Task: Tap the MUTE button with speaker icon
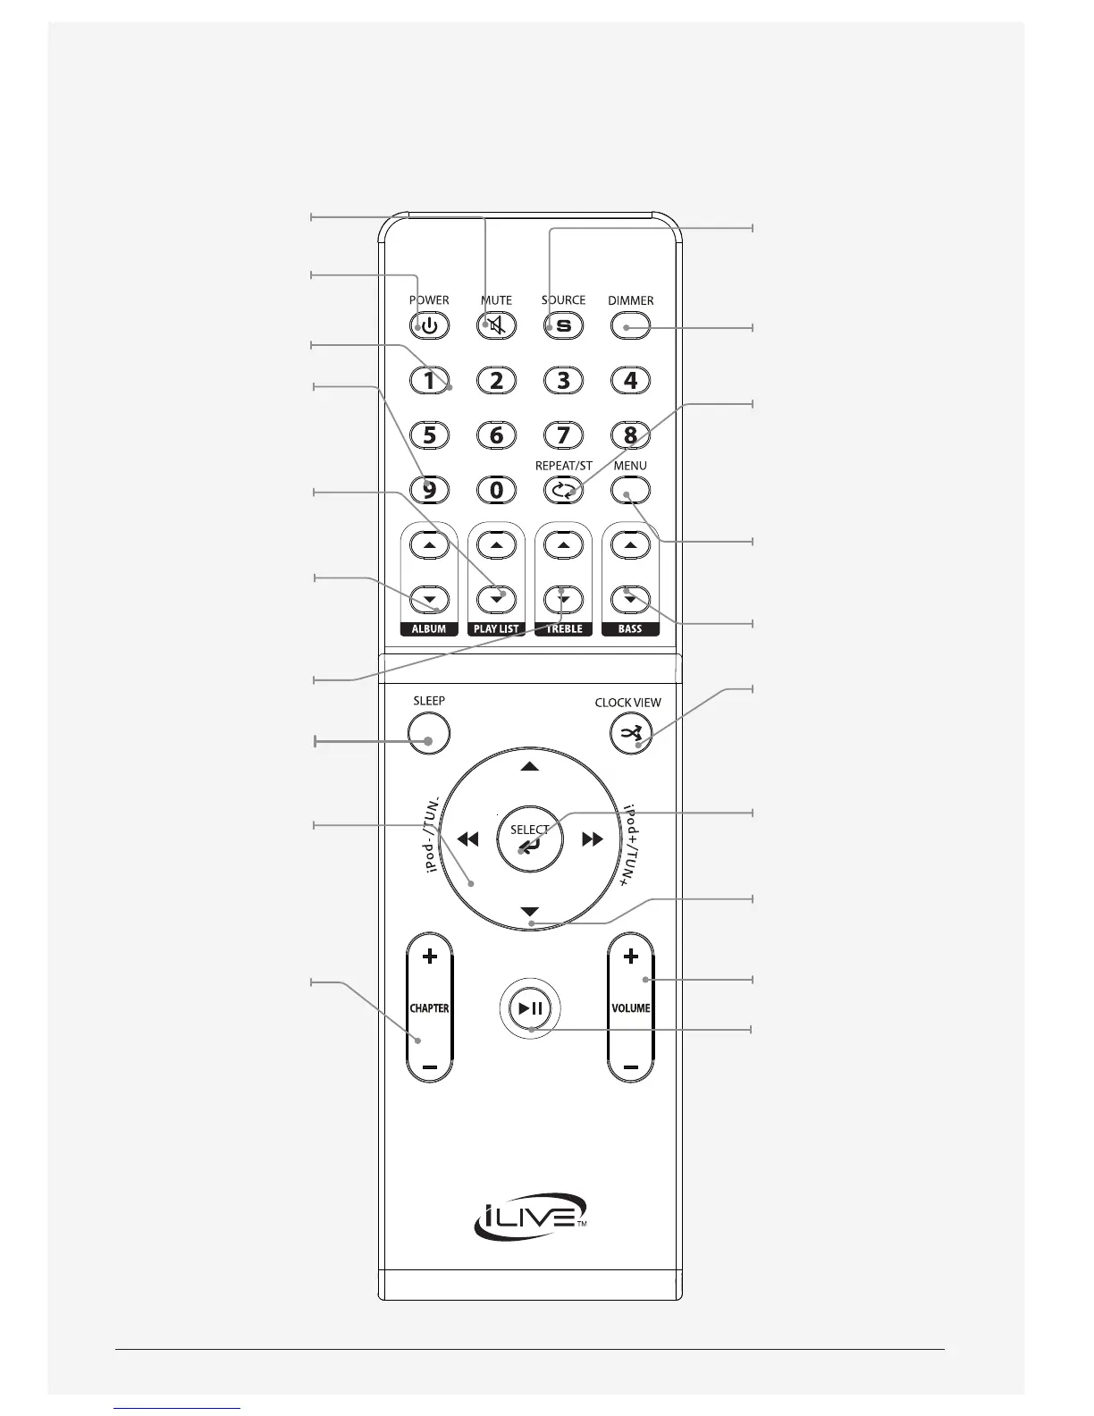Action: [x=496, y=325]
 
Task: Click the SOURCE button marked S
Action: [x=563, y=325]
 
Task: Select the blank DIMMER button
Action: [x=630, y=325]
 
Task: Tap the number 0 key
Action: [x=496, y=490]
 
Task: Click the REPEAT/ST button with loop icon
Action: [x=563, y=490]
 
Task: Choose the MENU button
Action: [x=630, y=490]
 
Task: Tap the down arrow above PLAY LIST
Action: [x=496, y=599]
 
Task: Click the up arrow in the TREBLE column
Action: [x=563, y=544]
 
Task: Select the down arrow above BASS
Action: [x=630, y=599]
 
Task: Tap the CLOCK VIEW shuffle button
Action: [x=630, y=735]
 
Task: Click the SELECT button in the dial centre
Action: [x=529, y=839]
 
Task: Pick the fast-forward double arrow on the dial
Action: [x=593, y=839]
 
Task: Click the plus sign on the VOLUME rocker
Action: [x=630, y=957]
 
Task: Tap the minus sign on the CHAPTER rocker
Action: [x=430, y=1067]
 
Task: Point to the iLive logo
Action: [x=530, y=1217]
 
